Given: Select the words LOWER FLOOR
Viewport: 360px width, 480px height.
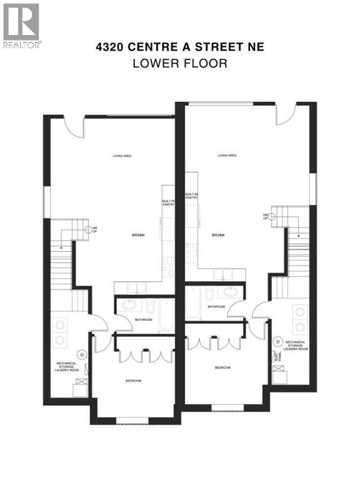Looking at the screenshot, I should (x=180, y=63).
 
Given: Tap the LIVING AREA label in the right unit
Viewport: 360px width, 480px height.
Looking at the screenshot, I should (x=226, y=156).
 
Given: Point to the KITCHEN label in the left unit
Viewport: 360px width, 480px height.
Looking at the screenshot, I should (x=138, y=235).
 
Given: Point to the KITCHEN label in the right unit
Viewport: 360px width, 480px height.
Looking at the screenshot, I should (x=218, y=235).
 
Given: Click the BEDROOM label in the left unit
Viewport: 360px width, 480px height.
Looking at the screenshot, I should (x=132, y=381).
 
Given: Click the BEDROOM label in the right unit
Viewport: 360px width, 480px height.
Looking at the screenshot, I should (x=222, y=367).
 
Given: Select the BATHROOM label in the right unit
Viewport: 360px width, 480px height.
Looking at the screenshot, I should (x=216, y=307).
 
